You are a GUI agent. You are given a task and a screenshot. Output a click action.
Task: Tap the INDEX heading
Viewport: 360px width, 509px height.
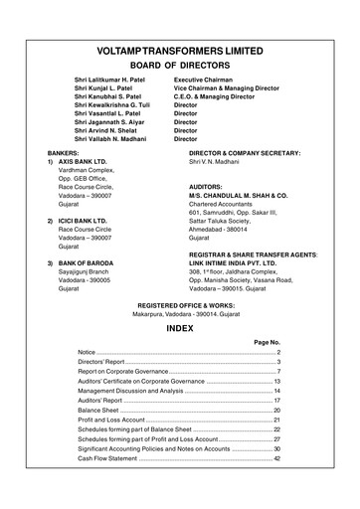pos(180,326)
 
